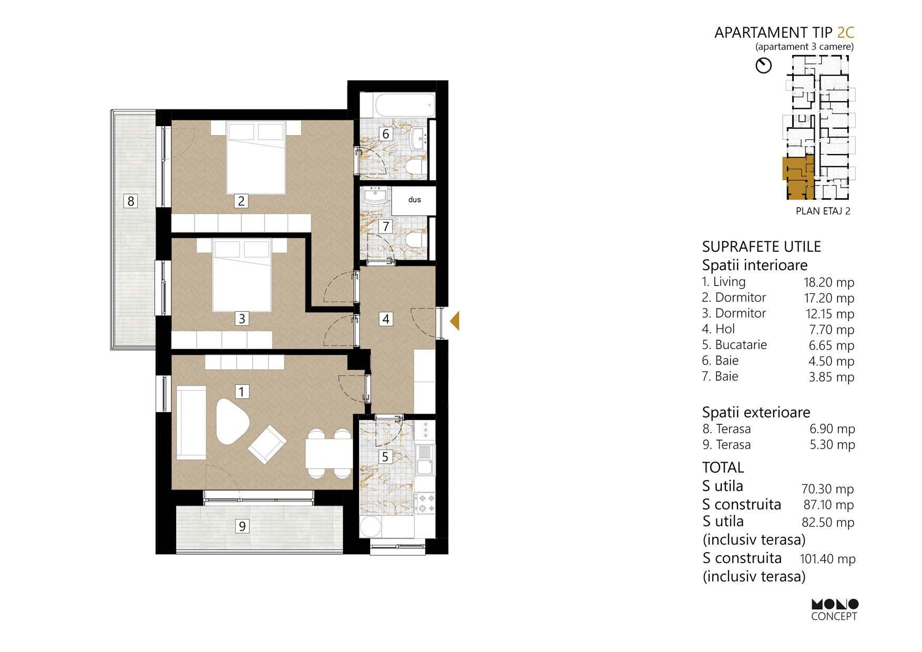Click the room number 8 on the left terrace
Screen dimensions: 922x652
131,201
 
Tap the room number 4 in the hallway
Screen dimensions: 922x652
386,319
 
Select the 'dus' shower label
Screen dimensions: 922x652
414,200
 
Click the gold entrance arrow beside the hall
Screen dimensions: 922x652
455,321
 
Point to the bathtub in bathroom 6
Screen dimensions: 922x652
404,105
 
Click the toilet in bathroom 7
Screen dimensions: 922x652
417,241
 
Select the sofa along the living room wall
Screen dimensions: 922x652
191,423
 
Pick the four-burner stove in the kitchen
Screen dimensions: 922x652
425,503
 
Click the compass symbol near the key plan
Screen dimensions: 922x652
763,66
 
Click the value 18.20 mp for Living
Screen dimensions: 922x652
829,282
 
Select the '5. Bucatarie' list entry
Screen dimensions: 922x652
734,345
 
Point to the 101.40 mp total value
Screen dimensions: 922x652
827,559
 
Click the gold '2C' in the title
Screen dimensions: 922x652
845,33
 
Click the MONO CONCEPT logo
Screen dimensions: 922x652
834,610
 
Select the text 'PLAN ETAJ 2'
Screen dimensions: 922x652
823,211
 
